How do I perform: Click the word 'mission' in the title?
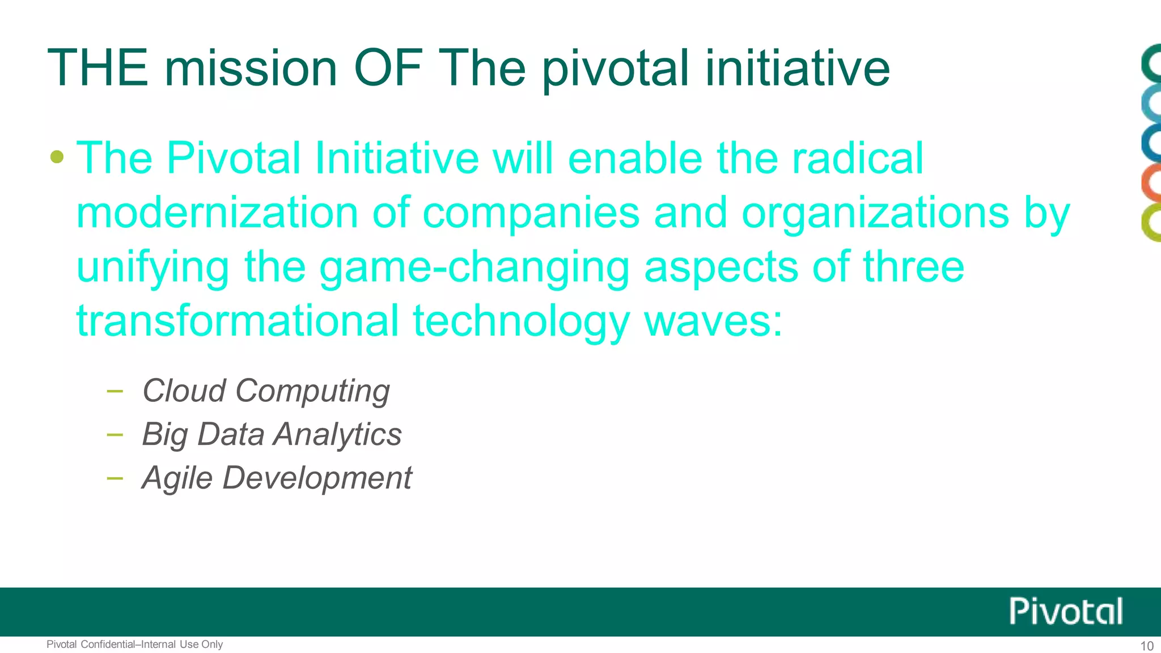251,68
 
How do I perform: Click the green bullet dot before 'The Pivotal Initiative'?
57,156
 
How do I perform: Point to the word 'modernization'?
217,213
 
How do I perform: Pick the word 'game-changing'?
474,268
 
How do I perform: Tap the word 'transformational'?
238,321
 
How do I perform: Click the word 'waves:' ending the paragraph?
713,321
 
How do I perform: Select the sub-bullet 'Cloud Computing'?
265,391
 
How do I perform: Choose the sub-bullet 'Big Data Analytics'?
272,434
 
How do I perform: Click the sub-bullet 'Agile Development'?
277,477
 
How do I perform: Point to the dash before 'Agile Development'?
115,478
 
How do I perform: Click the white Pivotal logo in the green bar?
1065,612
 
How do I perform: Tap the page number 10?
1146,646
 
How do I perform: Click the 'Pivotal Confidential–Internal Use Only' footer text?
134,644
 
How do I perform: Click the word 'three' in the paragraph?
913,268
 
